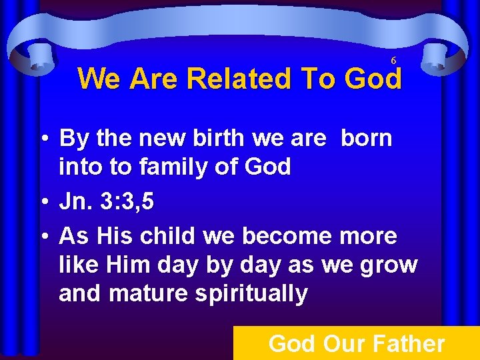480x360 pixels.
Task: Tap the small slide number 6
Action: pos(393,60)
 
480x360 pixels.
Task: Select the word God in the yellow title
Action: pos(373,79)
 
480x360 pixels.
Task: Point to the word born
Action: pos(367,139)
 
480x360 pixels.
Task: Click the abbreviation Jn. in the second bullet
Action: pos(77,202)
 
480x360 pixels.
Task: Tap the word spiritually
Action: pos(251,293)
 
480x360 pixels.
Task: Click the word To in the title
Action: pos(319,79)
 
